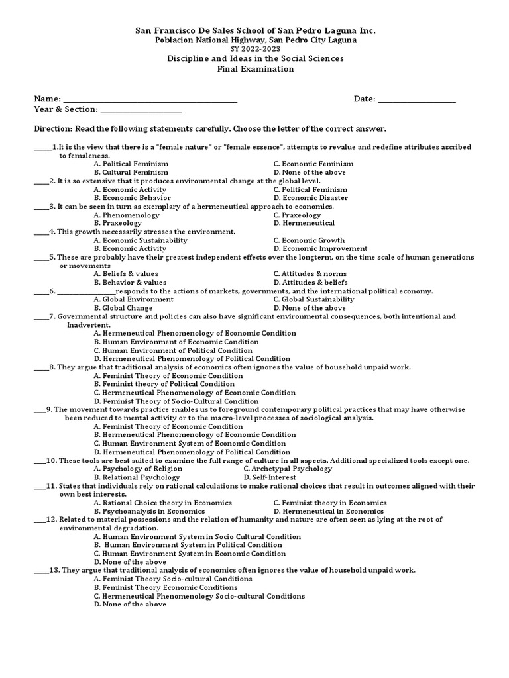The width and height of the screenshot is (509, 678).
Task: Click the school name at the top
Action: [255, 30]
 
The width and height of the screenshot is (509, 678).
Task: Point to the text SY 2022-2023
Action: [255, 49]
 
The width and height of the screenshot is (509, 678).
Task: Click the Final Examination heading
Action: [255, 69]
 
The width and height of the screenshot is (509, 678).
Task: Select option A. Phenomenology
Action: [127, 215]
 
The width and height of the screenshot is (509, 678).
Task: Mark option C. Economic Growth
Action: [309, 240]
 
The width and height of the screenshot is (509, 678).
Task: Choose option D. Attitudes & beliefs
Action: [310, 282]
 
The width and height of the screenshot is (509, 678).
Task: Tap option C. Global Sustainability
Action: [313, 299]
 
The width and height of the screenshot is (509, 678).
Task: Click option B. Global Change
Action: [123, 308]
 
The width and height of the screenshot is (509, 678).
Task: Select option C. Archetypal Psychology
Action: [288, 469]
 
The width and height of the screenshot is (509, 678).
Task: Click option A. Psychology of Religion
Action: [138, 469]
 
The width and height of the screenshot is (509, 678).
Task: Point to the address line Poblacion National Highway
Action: [255, 40]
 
